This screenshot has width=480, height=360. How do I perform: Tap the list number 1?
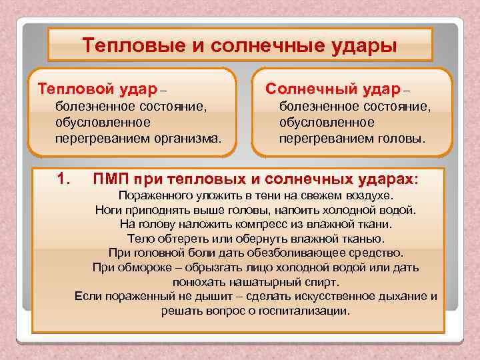click(x=64, y=179)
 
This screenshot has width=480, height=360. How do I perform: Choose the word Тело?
click(x=139, y=238)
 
